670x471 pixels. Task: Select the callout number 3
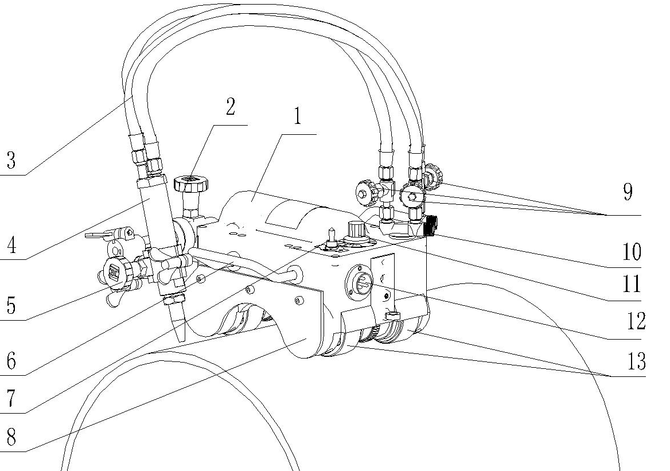[x=10, y=160]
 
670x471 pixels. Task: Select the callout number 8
[x=10, y=439]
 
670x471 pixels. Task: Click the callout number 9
[x=628, y=193]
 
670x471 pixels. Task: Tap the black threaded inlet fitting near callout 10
[x=431, y=223]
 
